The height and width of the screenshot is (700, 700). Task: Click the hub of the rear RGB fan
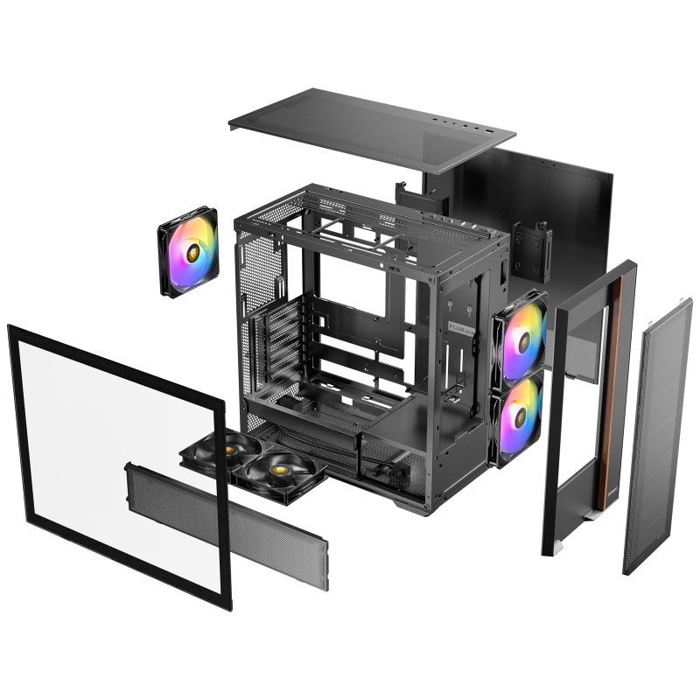pos(189,251)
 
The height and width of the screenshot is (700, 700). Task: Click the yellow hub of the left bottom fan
pos(227,449)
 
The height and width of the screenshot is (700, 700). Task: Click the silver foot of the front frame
pos(552,547)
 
